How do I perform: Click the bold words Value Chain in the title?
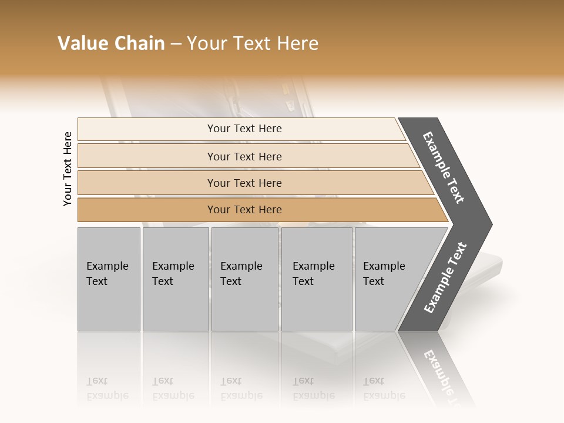pos(111,43)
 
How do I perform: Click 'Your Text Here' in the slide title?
pos(253,43)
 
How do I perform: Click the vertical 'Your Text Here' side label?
pos(68,169)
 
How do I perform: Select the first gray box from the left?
pos(109,279)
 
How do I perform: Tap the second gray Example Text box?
pos(176,279)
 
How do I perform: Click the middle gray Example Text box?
pos(244,279)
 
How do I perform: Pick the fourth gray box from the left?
pos(317,279)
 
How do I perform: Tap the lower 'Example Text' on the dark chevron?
pos(445,278)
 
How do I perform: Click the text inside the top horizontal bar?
pos(244,129)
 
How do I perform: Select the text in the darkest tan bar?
pos(244,210)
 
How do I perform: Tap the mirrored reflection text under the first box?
pos(107,388)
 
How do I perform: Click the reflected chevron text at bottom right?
pos(445,377)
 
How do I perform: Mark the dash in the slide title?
pos(176,44)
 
